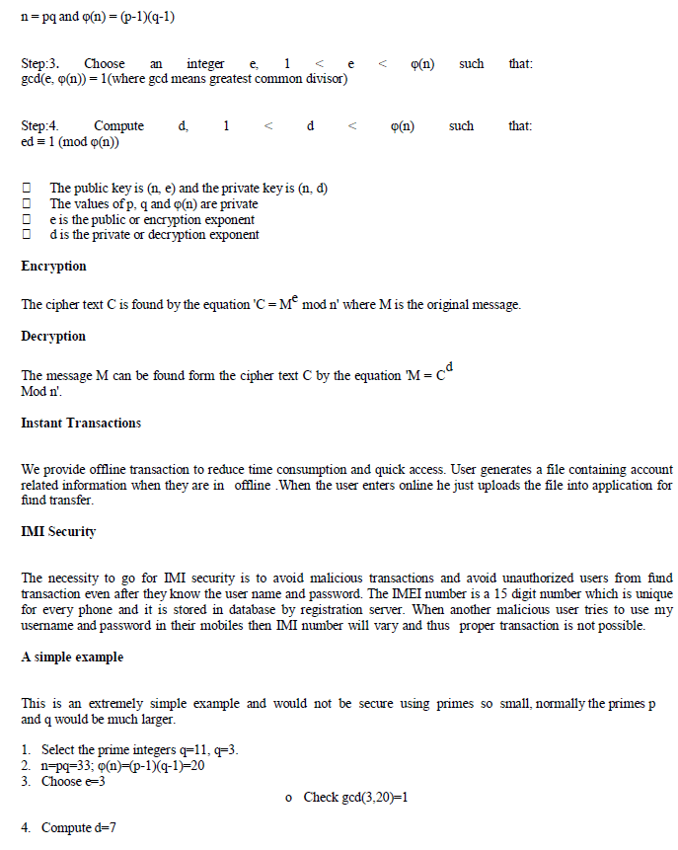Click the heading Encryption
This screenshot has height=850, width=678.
click(53, 267)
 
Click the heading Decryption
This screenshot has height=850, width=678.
click(53, 337)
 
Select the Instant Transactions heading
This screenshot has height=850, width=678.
click(81, 424)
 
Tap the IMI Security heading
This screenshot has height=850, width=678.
click(58, 532)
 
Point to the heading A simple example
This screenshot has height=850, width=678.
click(72, 657)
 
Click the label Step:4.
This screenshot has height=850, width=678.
click(39, 126)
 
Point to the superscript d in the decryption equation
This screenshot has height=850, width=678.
click(448, 368)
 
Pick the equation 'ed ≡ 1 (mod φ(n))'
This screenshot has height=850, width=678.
click(70, 142)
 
